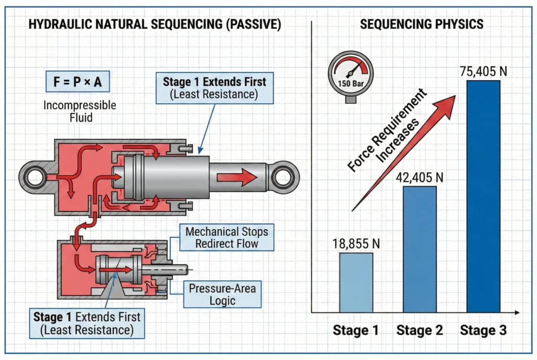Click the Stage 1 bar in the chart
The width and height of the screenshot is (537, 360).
pyautogui.click(x=356, y=282)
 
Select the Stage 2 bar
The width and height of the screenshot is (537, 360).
pyautogui.click(x=420, y=249)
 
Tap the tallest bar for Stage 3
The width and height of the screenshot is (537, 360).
pyautogui.click(x=483, y=196)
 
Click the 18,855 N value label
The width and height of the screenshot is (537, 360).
pyautogui.click(x=357, y=243)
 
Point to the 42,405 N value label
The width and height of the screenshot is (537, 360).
pyautogui.click(x=420, y=177)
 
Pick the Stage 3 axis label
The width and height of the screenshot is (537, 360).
pyautogui.click(x=483, y=331)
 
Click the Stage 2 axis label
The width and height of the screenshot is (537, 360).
pyautogui.click(x=420, y=331)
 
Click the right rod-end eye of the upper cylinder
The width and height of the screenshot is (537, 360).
pyautogui.click(x=284, y=177)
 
